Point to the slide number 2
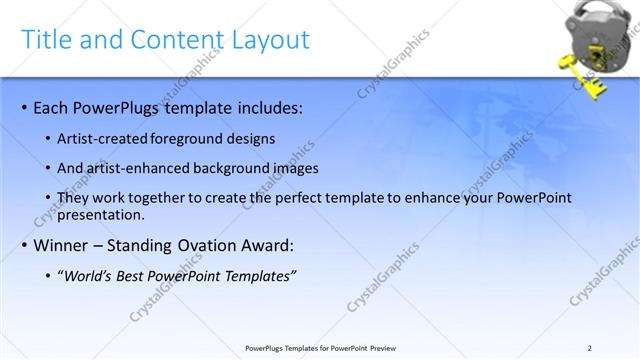pos(589,348)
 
